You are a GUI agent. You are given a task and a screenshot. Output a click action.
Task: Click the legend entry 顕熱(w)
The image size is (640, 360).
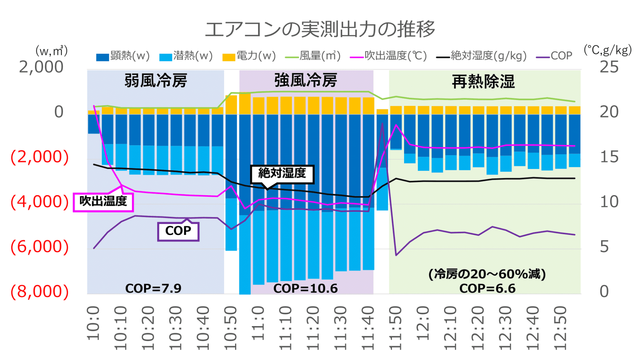click(123, 56)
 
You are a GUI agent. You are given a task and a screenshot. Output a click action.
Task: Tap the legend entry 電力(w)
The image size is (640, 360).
click(249, 56)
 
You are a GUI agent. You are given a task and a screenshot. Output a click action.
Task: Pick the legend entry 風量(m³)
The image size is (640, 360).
click(313, 56)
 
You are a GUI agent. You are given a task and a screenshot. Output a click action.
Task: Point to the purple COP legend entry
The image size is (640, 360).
click(555, 56)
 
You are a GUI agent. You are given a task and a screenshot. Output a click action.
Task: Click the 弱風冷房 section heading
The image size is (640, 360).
click(156, 81)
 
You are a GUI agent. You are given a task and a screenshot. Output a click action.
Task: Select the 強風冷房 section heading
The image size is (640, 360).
click(306, 80)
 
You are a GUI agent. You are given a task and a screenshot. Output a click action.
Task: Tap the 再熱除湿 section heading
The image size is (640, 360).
click(483, 82)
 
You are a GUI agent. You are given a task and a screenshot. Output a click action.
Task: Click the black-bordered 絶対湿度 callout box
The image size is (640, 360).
click(282, 173)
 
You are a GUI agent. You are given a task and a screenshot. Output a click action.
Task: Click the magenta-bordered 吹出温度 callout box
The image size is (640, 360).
click(103, 202)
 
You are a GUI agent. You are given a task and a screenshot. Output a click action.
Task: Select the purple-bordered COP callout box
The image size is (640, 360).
click(178, 231)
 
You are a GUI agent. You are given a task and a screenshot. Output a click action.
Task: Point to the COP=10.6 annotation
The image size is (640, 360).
click(305, 288)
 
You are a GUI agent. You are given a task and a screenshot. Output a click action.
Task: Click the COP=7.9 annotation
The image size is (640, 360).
click(153, 288)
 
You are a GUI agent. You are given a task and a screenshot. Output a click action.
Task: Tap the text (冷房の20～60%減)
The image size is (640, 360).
click(487, 274)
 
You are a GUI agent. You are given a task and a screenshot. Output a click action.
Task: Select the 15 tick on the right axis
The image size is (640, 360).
click(609, 157)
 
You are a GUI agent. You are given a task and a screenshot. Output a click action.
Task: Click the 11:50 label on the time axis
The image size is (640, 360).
click(395, 328)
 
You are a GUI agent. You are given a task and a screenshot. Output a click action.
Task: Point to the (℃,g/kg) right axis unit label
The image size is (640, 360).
click(607, 50)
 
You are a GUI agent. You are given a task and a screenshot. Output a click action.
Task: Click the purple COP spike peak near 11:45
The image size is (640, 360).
click(382, 123)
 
